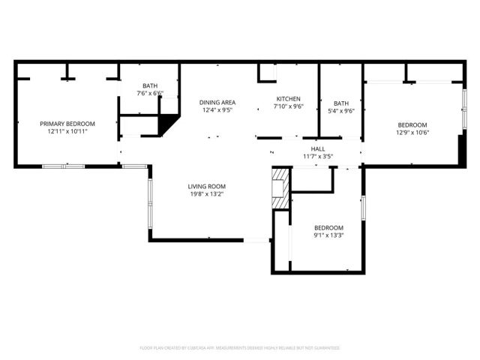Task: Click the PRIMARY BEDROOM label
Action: (x=67, y=123)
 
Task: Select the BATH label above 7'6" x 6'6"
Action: (x=150, y=85)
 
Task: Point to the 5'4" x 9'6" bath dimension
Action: (x=341, y=111)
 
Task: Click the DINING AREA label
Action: (x=217, y=103)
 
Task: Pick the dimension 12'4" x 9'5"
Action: (x=217, y=110)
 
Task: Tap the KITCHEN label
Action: (x=289, y=99)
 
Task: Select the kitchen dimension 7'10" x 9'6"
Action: (x=289, y=106)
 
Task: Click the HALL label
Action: (x=318, y=149)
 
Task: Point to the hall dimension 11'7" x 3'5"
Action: (x=318, y=157)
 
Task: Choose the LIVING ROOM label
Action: (x=206, y=187)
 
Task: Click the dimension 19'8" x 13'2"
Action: (x=206, y=194)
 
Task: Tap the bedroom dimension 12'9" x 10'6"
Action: (x=412, y=133)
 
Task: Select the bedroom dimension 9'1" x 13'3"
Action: (x=328, y=235)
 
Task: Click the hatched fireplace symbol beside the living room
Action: (x=280, y=188)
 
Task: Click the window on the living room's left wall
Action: (x=150, y=202)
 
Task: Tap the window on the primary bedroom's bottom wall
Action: (x=63, y=166)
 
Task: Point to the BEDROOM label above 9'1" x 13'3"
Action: (x=328, y=228)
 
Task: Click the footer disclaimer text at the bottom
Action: (x=240, y=348)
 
